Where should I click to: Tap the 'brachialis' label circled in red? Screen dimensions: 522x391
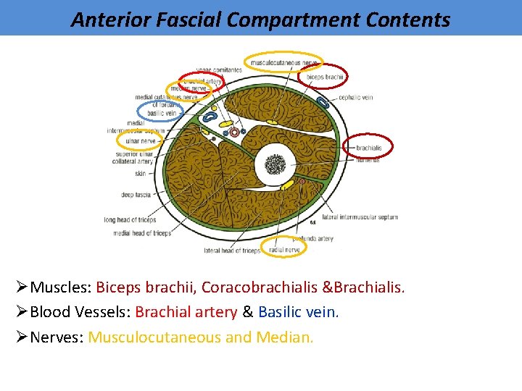click(368, 148)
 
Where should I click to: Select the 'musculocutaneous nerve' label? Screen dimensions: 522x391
click(283, 63)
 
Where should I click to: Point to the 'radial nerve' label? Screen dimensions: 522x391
click(283, 250)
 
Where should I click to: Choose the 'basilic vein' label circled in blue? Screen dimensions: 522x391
click(161, 113)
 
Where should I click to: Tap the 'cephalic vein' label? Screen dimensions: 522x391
click(355, 97)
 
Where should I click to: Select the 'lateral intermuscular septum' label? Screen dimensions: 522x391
click(360, 217)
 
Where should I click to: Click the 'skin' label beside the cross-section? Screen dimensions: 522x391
click(140, 173)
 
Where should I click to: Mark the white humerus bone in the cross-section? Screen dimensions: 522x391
click(275, 165)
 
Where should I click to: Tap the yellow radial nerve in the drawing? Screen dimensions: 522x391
click(287, 185)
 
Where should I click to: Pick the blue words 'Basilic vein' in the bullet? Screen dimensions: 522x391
click(298, 312)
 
